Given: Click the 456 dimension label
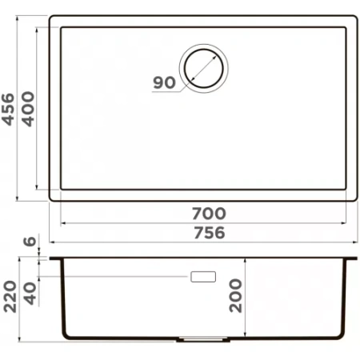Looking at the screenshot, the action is (x=8, y=109).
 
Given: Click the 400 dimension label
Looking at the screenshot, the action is (x=28, y=109).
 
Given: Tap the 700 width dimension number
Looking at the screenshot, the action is (x=209, y=214).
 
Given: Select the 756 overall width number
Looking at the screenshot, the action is (x=210, y=233).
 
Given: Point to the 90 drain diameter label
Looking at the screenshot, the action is (x=165, y=82).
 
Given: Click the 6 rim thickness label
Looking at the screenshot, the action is (x=30, y=241).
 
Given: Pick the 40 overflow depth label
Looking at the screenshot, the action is (x=30, y=294).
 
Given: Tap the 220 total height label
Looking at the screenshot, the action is (x=10, y=296).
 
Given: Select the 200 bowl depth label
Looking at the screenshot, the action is (x=236, y=295).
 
